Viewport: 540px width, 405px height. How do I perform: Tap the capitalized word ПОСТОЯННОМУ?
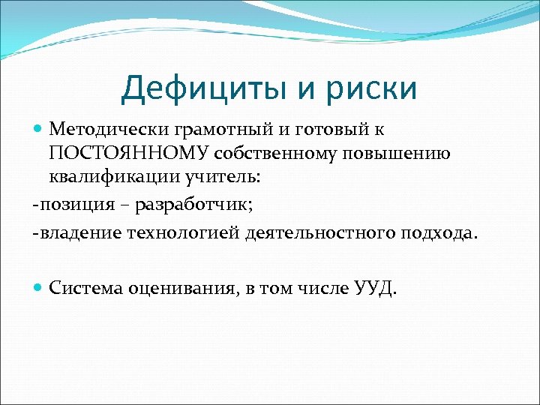[129, 154]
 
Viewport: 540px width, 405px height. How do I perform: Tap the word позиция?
[73, 205]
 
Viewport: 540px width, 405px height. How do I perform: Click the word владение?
[76, 233]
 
